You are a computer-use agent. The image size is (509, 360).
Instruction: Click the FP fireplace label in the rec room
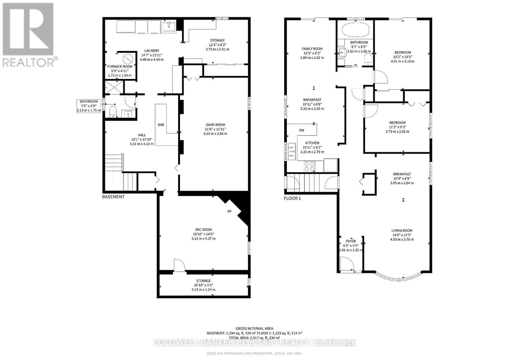click(229, 211)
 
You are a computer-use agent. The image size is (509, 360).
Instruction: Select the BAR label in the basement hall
click(161, 125)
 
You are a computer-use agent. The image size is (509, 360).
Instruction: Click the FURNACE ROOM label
click(120, 66)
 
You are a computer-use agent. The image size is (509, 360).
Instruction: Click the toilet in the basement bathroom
click(113, 112)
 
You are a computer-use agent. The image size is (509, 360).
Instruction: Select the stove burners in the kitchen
click(310, 167)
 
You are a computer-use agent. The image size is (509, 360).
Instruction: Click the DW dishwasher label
click(301, 130)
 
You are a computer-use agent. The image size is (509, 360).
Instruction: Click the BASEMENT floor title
click(113, 197)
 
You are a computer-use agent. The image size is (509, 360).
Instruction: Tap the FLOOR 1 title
click(292, 198)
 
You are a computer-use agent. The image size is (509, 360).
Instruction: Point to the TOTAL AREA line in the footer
click(254, 338)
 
